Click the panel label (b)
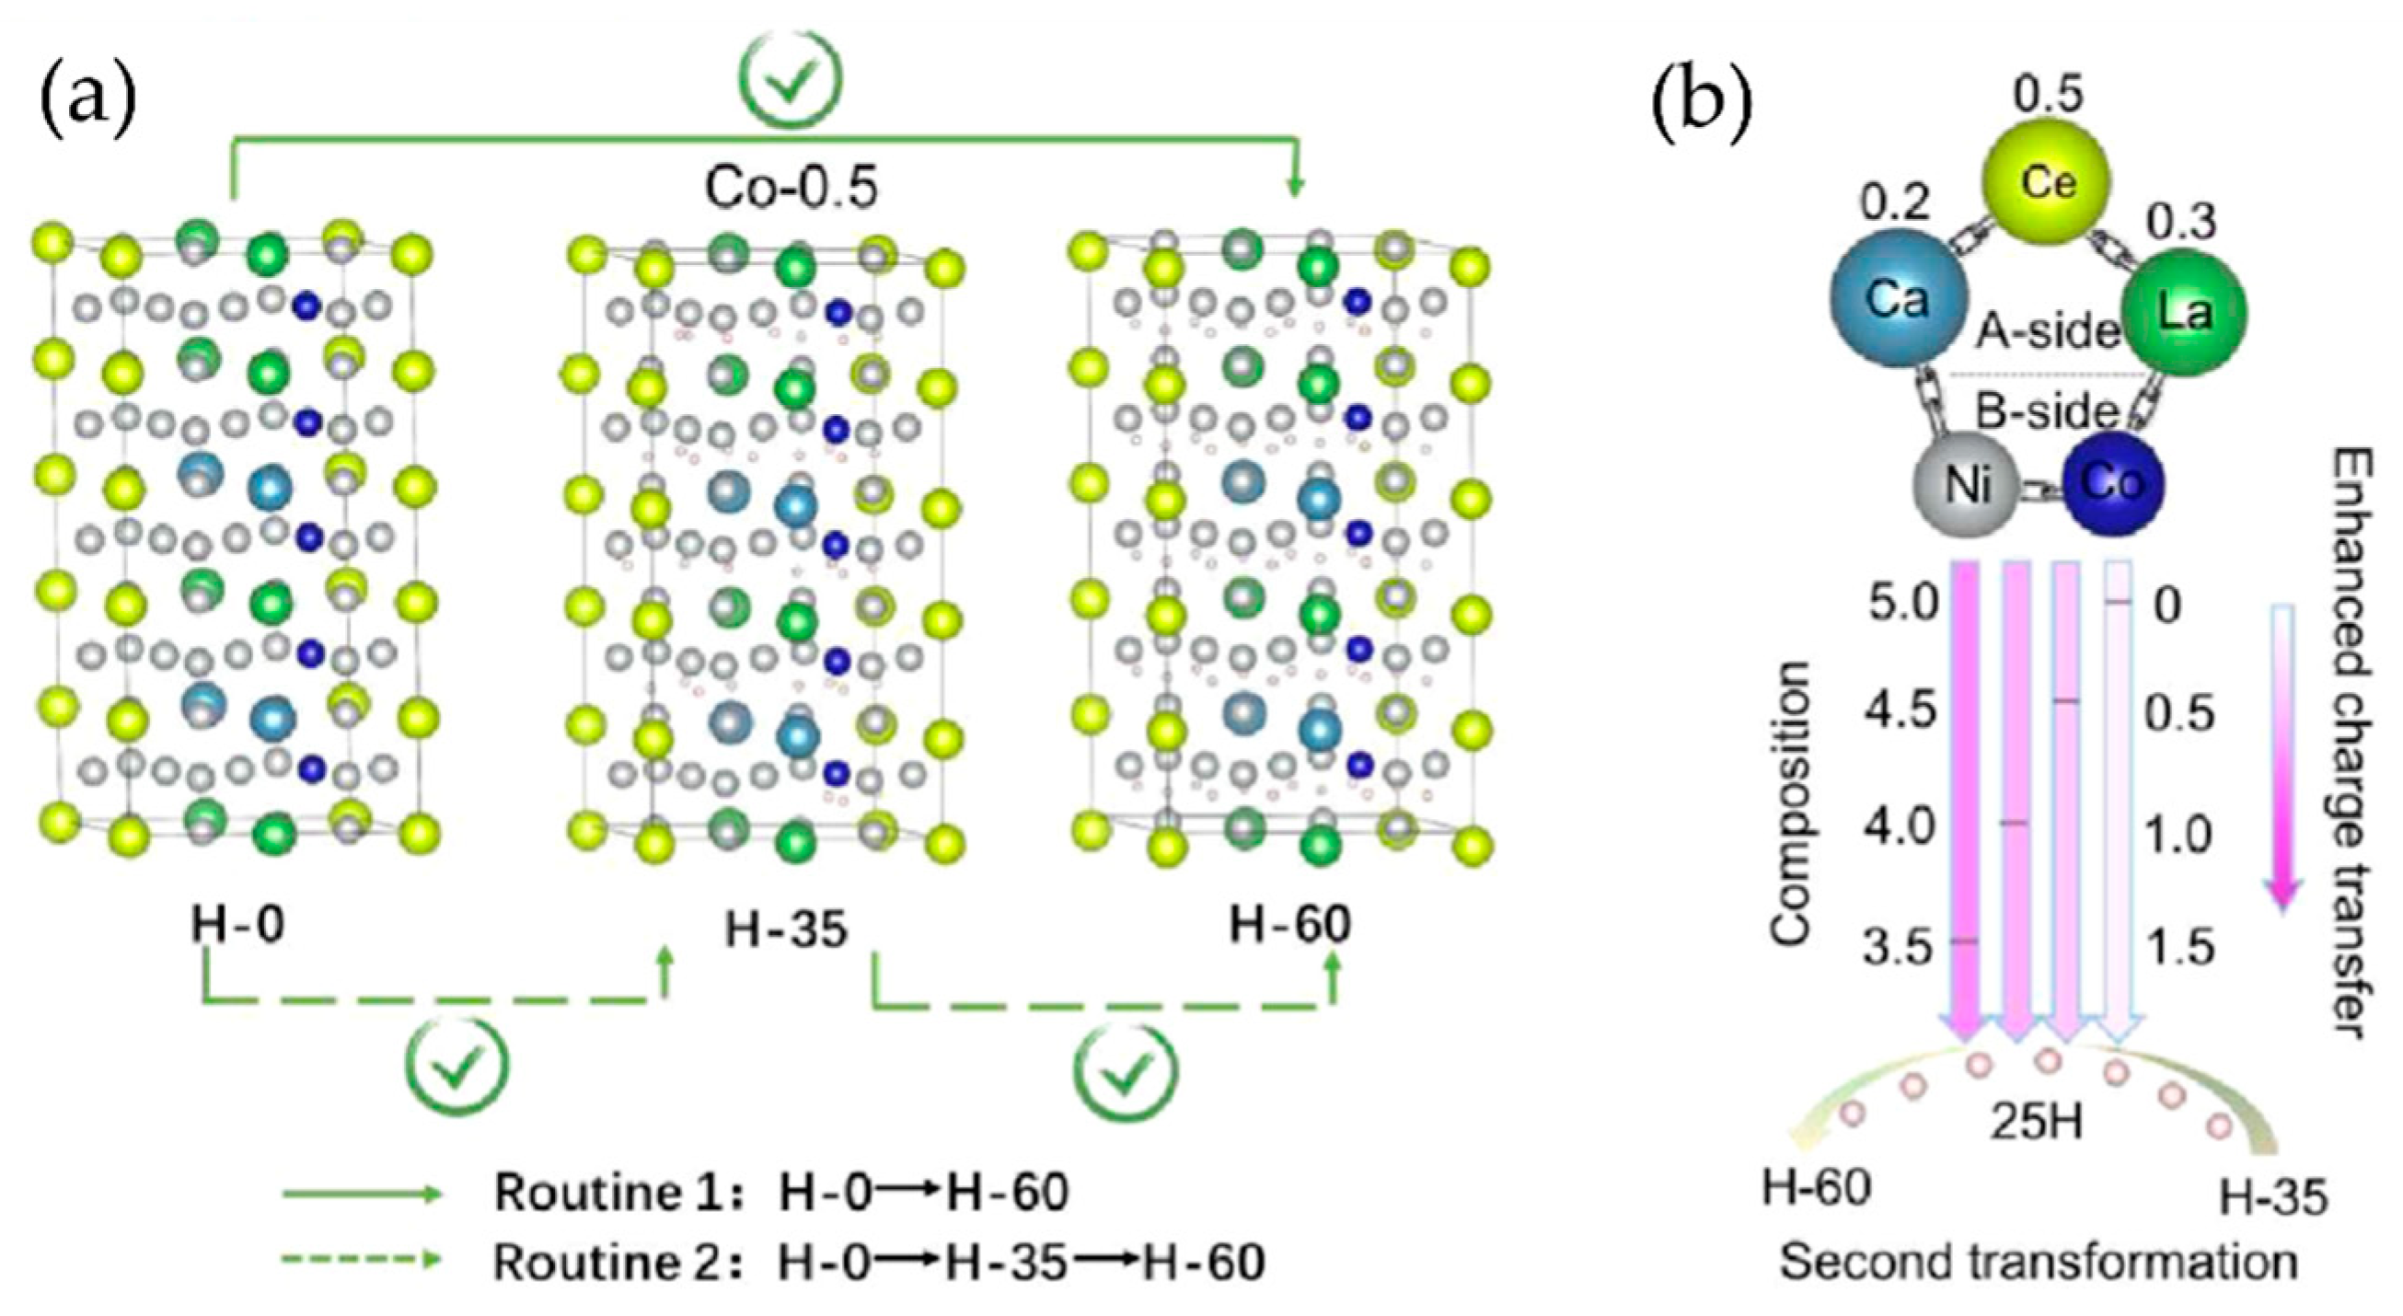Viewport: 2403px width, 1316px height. [1703, 110]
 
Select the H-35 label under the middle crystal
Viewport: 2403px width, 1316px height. [786, 929]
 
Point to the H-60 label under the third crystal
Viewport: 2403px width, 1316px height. [1290, 923]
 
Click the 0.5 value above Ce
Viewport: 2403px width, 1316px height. [2048, 94]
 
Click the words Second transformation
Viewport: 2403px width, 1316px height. [2039, 1263]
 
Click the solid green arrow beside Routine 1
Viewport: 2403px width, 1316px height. [362, 1194]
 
